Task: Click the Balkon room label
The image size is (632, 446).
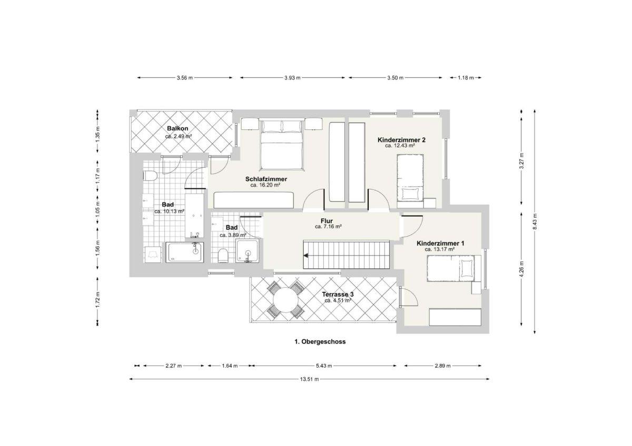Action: [x=177, y=128]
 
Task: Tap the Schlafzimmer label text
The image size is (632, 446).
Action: [x=266, y=179]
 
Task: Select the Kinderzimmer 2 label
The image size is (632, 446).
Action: [x=401, y=140]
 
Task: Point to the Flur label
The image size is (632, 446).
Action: [x=327, y=221]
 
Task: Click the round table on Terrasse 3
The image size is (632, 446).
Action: [x=285, y=300]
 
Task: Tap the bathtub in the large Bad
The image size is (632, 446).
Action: [x=184, y=252]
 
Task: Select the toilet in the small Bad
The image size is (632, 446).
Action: [x=223, y=256]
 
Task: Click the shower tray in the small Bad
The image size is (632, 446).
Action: [x=248, y=251]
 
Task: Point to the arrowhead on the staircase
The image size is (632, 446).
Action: [x=305, y=256]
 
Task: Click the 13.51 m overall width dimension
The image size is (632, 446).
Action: [x=309, y=379]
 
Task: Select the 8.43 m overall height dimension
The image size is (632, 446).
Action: [x=535, y=221]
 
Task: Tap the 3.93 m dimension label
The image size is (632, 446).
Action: [x=292, y=78]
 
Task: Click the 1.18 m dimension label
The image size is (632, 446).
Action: [x=466, y=78]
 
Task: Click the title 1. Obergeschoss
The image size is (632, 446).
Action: [x=320, y=342]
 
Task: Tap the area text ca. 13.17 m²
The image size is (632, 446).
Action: [x=439, y=249]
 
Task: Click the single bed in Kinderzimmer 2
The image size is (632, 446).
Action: [x=410, y=178]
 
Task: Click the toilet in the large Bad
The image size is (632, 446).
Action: [x=150, y=176]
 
